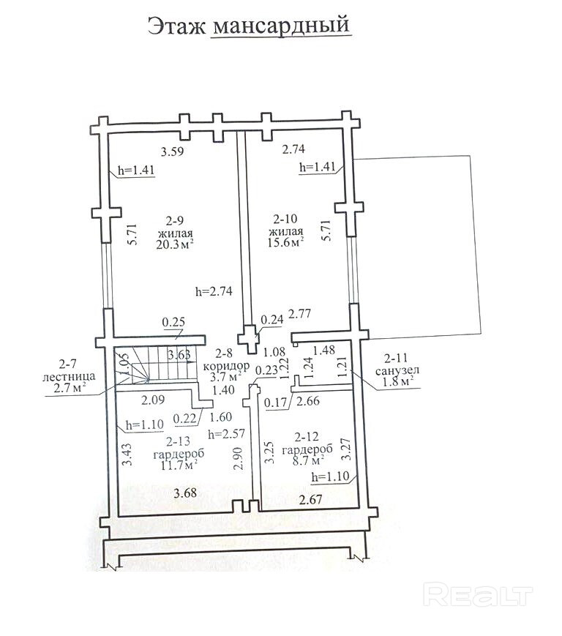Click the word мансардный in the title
(x=280, y=25)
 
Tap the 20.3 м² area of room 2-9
(x=175, y=244)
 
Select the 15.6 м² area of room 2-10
(x=285, y=242)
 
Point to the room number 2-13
(x=178, y=441)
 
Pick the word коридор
(x=226, y=365)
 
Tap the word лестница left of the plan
(x=69, y=376)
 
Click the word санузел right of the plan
(x=397, y=370)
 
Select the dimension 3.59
(x=172, y=151)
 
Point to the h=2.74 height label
(x=214, y=291)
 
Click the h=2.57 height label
(x=226, y=433)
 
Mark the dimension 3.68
(x=185, y=493)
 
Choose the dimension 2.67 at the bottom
(x=310, y=499)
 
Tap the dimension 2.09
(x=153, y=400)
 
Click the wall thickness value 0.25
(x=173, y=322)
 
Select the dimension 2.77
(x=299, y=313)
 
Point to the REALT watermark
(x=477, y=596)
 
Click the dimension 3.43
(x=127, y=454)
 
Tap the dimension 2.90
(x=238, y=459)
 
